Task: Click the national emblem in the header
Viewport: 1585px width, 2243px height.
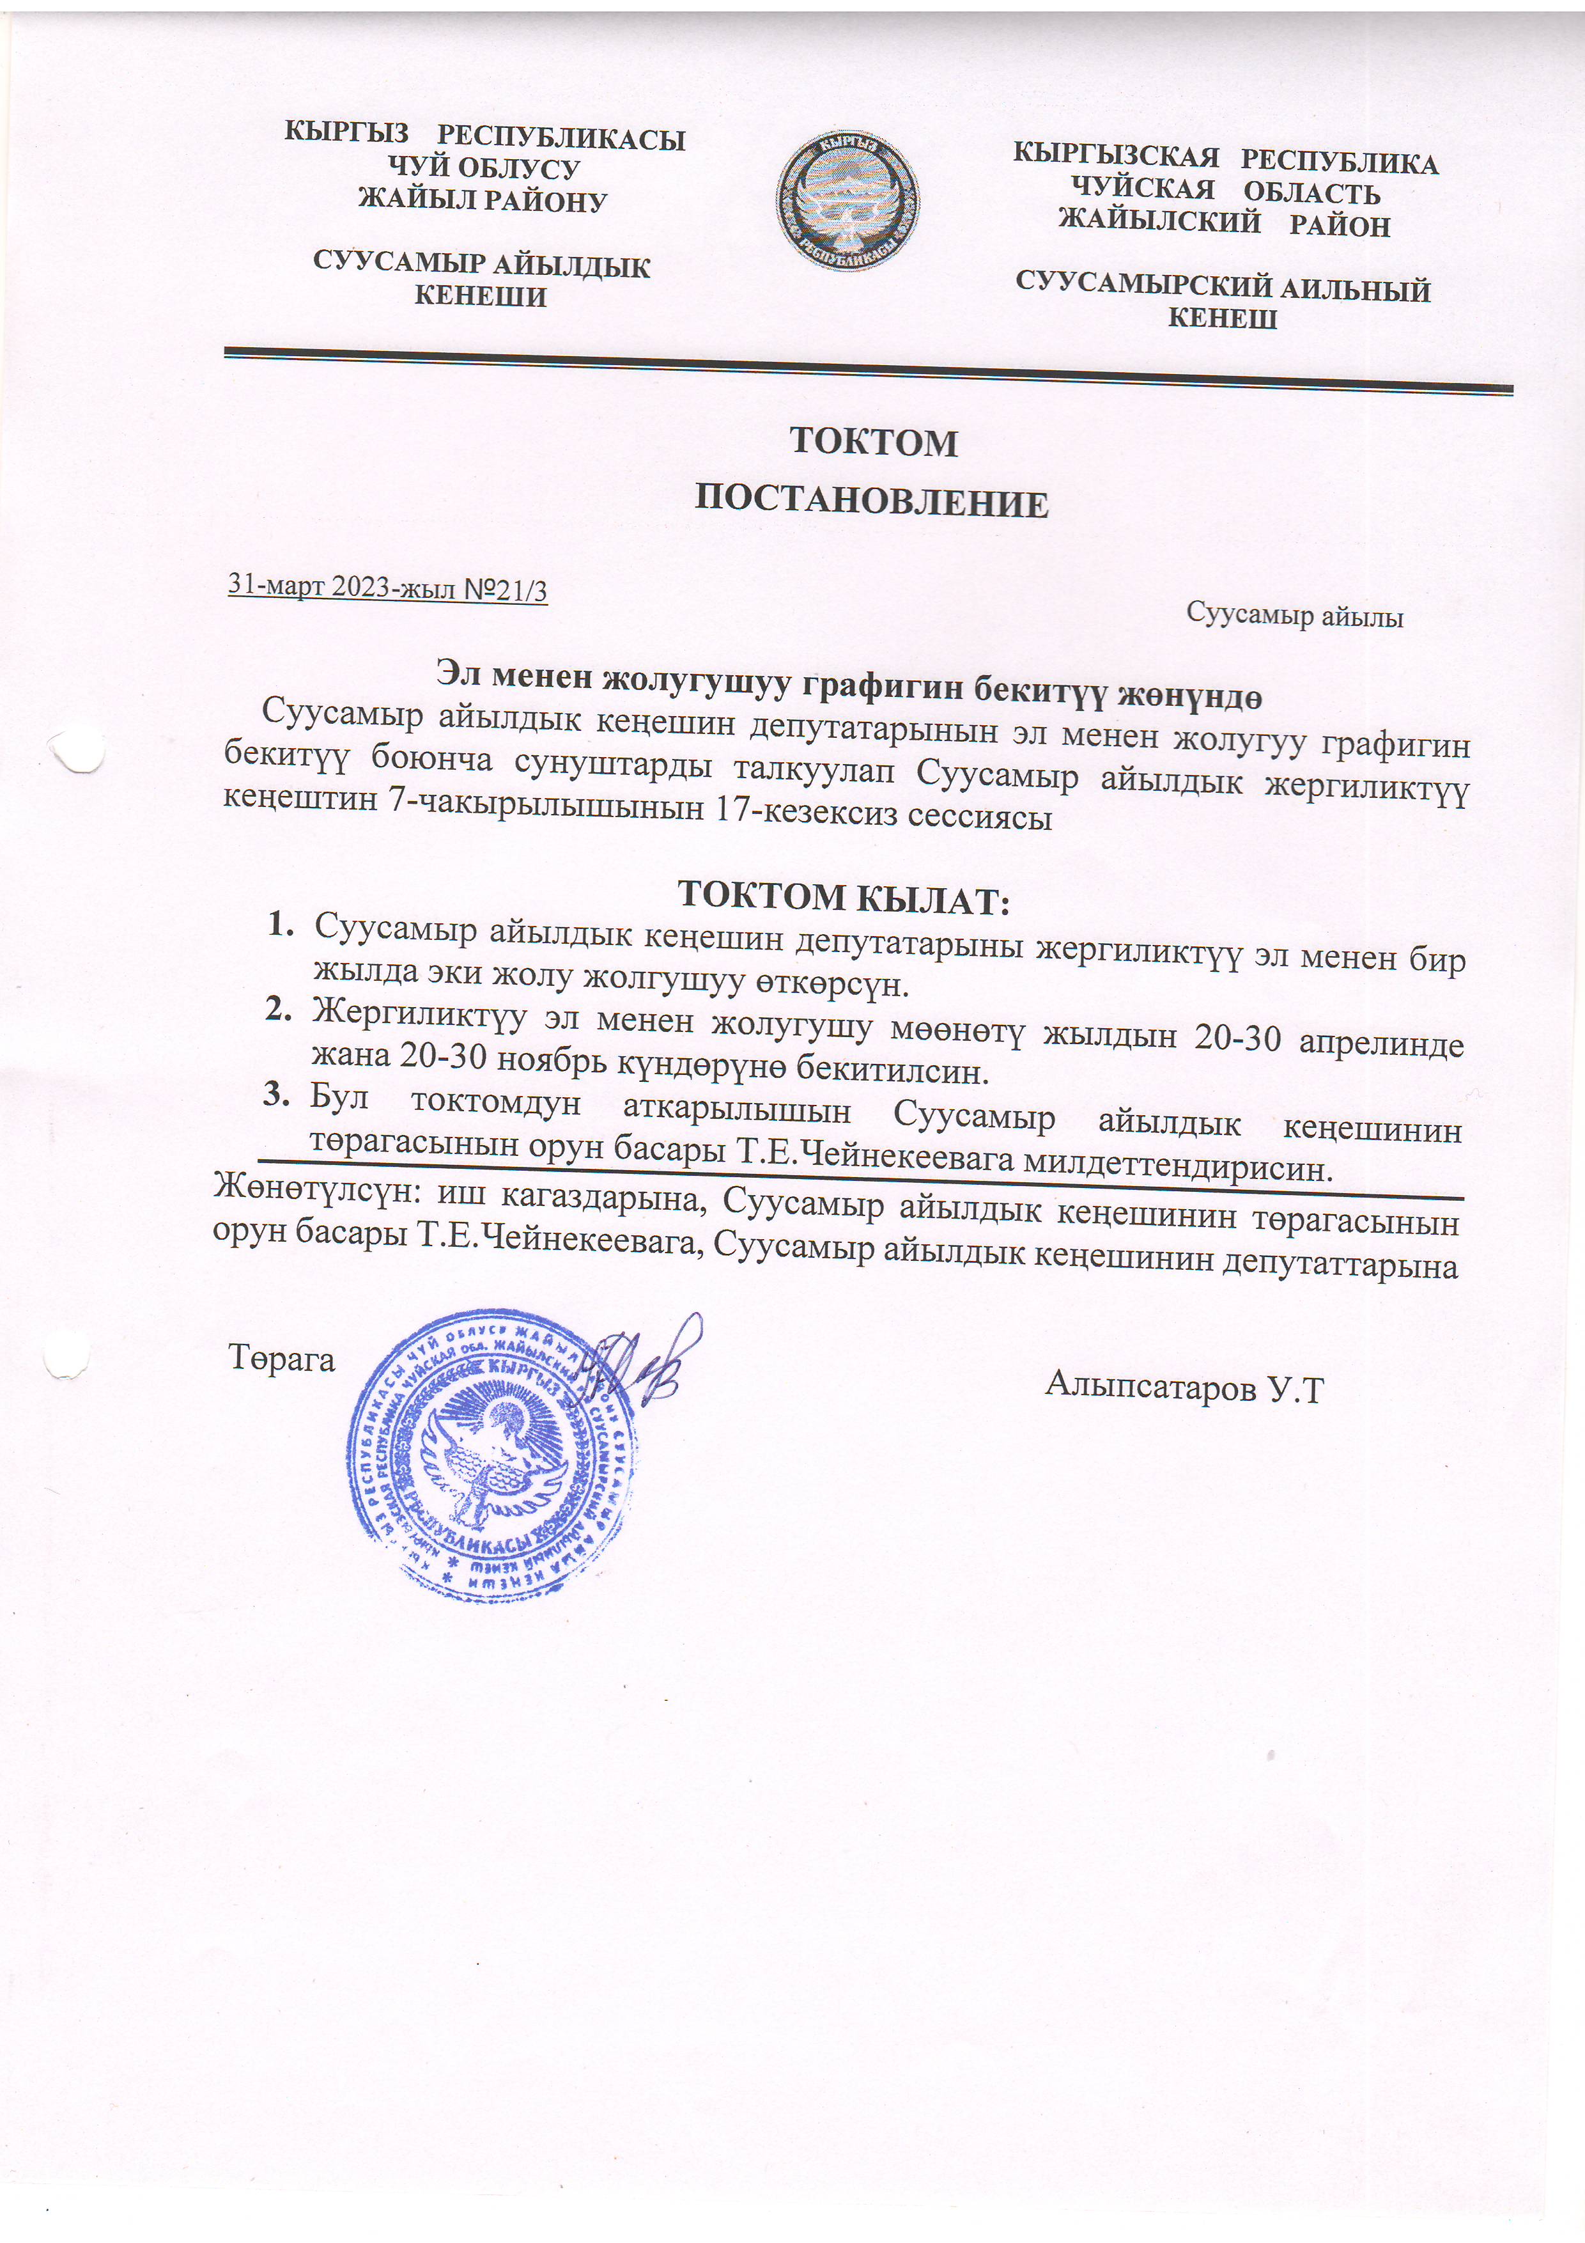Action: click(x=847, y=200)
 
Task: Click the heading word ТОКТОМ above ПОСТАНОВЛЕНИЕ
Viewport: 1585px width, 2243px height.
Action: click(x=873, y=442)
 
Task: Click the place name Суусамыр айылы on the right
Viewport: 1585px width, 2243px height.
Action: click(x=1294, y=616)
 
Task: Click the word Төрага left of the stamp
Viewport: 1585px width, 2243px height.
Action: click(x=281, y=1359)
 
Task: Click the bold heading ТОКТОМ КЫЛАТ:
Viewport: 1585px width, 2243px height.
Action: click(x=843, y=897)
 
